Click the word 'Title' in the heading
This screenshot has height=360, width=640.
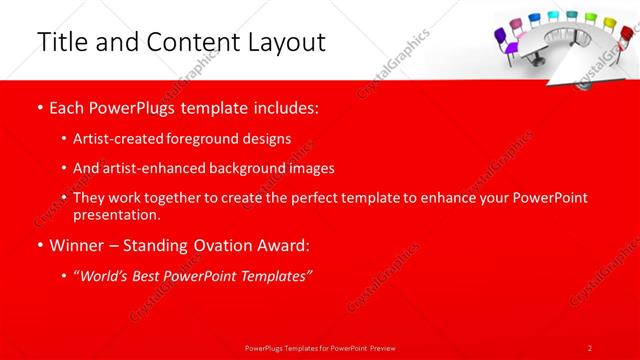(x=59, y=42)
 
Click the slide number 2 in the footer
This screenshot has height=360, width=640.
(x=590, y=347)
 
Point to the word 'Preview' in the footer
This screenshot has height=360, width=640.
(x=381, y=347)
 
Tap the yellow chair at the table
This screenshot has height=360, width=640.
(x=591, y=20)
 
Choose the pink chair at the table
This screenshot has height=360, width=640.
(x=517, y=24)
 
